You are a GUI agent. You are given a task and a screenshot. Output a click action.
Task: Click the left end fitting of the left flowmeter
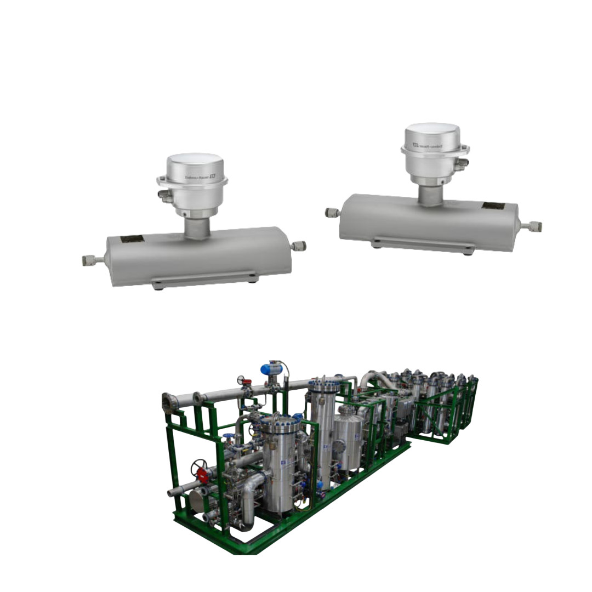pos(89,260)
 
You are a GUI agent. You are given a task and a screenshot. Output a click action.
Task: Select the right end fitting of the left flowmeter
pos(298,246)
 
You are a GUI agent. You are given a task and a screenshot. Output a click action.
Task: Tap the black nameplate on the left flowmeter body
pos(132,240)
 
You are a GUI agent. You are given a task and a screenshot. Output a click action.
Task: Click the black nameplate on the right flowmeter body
pos(493,207)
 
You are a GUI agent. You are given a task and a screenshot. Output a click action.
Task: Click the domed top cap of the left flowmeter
pos(195,164)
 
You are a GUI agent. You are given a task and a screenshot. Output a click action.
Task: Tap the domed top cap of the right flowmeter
pos(432,134)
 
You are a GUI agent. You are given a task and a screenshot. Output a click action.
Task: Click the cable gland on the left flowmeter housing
pos(164,194)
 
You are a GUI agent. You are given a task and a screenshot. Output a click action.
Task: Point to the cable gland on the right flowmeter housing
pos(462,162)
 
